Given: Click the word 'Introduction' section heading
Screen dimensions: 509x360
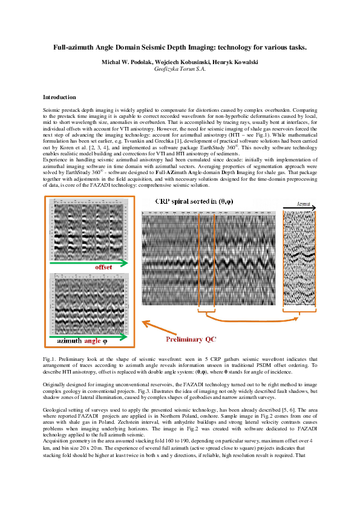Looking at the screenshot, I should pos(59,97).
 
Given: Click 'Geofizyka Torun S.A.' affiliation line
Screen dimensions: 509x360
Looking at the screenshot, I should pos(180,70).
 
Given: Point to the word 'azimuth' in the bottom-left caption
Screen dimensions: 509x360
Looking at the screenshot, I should pos(69,342).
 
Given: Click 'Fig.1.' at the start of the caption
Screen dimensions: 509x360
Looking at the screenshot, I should pos(50,359).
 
